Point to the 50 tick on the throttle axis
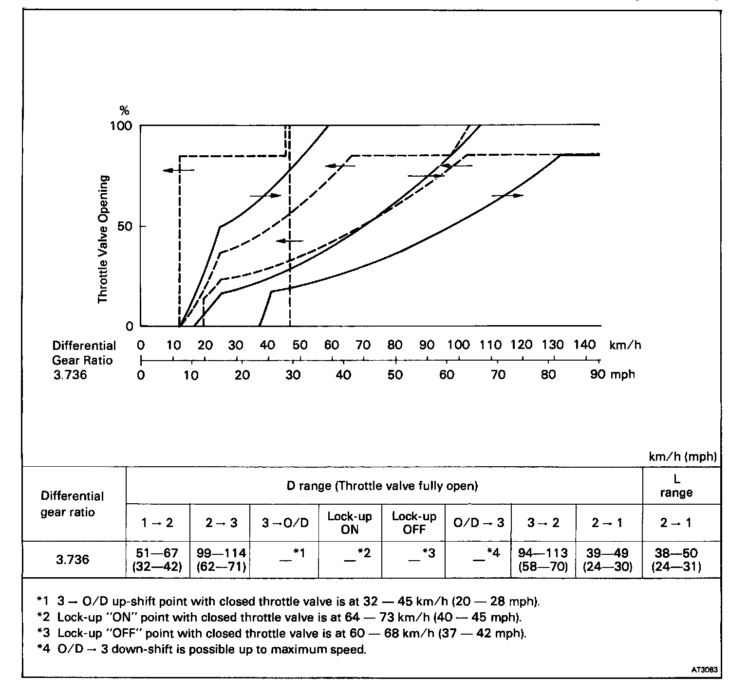pyautogui.click(x=125, y=226)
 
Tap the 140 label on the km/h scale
pyautogui.click(x=584, y=345)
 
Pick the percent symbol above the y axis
pyautogui.click(x=124, y=110)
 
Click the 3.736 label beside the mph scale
pyautogui.click(x=70, y=375)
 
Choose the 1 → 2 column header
pyautogui.click(x=157, y=523)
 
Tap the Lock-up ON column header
pyautogui.click(x=350, y=523)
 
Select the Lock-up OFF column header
pyautogui.click(x=414, y=523)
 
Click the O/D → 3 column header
pyautogui.click(x=478, y=523)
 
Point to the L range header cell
pyautogui.click(x=676, y=486)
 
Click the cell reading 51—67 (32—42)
pyautogui.click(x=157, y=560)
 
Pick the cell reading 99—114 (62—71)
pyautogui.click(x=221, y=560)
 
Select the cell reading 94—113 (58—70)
pyautogui.click(x=543, y=560)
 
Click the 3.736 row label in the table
pyautogui.click(x=73, y=560)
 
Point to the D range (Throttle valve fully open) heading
pyautogui.click(x=382, y=486)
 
